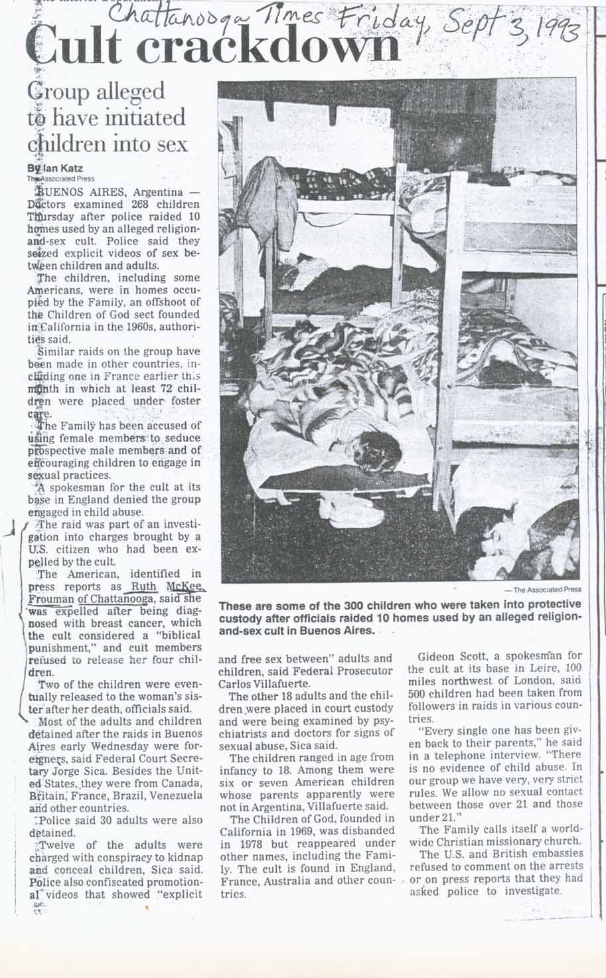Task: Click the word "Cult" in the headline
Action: pos(73,48)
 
